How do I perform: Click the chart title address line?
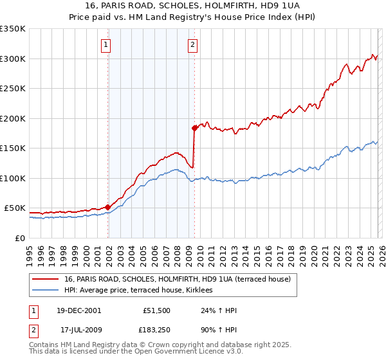point(193,5)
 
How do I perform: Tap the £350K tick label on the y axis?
point(13,29)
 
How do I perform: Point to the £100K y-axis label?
point(13,178)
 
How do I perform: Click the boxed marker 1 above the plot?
point(106,44)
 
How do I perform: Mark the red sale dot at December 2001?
point(107,207)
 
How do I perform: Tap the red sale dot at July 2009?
point(194,129)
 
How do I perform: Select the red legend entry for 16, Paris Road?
point(178,279)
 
